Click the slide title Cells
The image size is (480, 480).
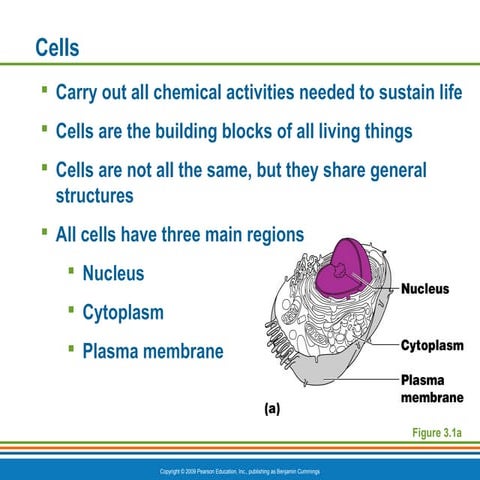(57, 47)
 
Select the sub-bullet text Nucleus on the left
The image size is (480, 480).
(113, 273)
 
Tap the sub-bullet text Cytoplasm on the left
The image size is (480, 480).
(123, 312)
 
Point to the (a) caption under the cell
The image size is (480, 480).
(271, 409)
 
